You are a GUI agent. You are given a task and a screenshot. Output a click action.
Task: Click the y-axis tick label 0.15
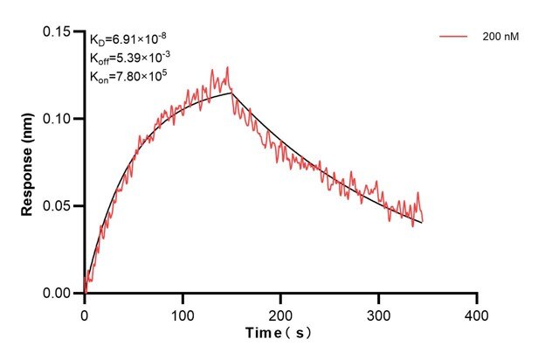tap(59, 31)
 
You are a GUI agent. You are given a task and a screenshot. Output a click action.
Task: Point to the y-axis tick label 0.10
tap(59, 119)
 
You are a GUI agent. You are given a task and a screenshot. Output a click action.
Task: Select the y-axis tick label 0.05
tap(59, 206)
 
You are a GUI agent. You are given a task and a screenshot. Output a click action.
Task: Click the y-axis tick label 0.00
tap(59, 294)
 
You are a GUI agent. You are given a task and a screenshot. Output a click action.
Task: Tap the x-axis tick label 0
tap(85, 312)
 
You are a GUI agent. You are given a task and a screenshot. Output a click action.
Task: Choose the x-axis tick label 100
tap(183, 312)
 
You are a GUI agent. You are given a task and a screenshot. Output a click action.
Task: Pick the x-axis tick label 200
tap(280, 312)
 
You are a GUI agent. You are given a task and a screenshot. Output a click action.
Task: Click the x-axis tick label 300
tap(379, 312)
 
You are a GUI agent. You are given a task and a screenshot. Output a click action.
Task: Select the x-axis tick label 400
tap(477, 312)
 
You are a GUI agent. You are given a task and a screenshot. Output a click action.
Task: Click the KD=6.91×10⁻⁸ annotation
tap(127, 40)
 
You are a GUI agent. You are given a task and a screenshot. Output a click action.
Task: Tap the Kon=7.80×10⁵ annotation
tap(128, 76)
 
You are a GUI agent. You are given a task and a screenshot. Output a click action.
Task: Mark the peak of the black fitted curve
tap(231, 93)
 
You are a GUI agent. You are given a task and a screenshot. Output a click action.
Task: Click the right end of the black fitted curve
tap(423, 223)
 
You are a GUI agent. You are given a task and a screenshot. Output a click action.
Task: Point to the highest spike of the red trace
tap(227, 67)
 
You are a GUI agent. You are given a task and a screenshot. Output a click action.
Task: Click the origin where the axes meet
tap(85, 294)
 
